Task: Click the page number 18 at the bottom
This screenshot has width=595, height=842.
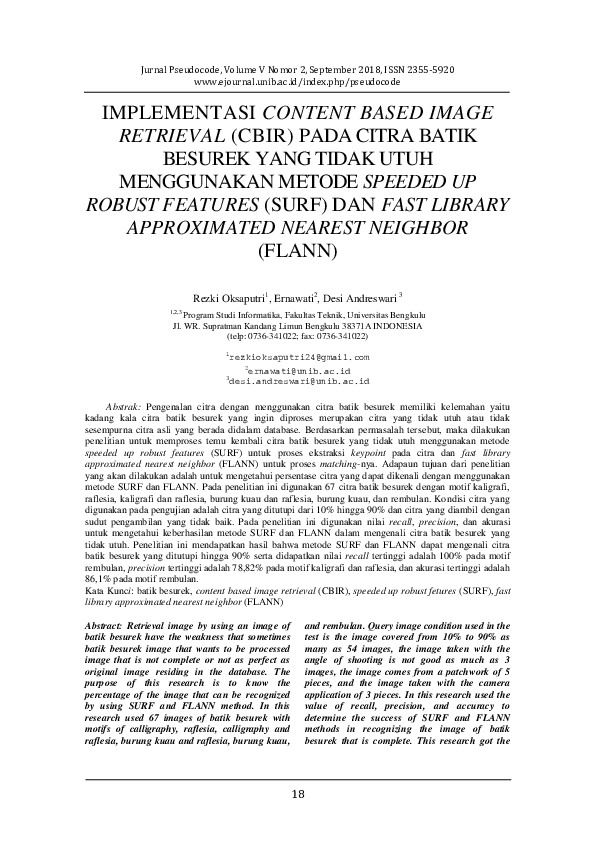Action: (x=297, y=794)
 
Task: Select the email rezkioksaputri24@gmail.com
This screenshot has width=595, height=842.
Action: (x=299, y=357)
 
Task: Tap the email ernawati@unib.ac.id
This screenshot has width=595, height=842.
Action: (x=299, y=369)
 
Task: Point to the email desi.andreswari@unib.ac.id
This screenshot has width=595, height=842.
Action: (x=299, y=381)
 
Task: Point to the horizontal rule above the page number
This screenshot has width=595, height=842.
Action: (x=297, y=778)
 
